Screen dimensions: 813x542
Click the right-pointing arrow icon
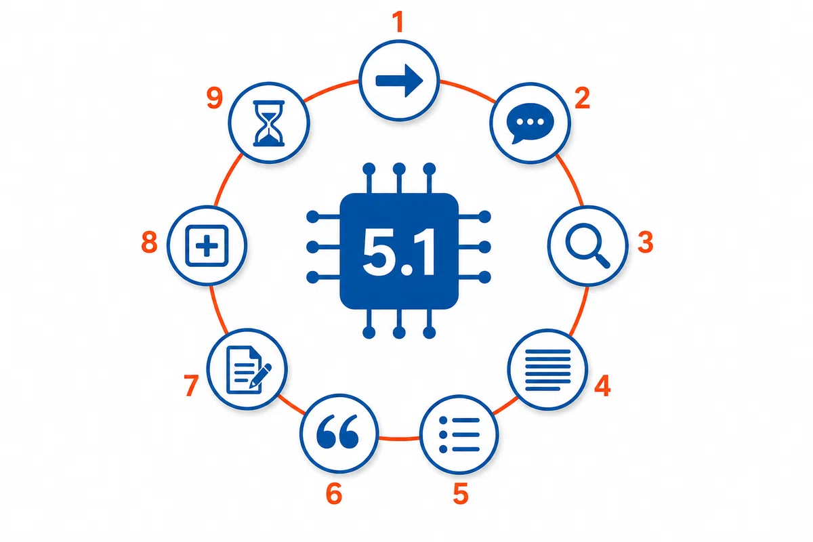pyautogui.click(x=399, y=81)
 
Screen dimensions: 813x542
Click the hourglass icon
pyautogui.click(x=268, y=123)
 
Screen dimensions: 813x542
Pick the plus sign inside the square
pyautogui.click(x=207, y=246)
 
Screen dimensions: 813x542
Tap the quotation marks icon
pyautogui.click(x=337, y=431)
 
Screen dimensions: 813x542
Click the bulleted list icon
pyautogui.click(x=459, y=434)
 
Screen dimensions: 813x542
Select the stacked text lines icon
pyautogui.click(x=547, y=370)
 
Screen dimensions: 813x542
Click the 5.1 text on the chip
pyautogui.click(x=399, y=252)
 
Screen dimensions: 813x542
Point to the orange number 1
pyautogui.click(x=399, y=22)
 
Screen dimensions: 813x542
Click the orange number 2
pyautogui.click(x=582, y=98)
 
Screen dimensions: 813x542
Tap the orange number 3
pyautogui.click(x=645, y=242)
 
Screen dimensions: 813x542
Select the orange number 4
pyautogui.click(x=602, y=385)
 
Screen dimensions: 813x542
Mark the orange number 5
pyautogui.click(x=461, y=493)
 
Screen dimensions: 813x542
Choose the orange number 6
pyautogui.click(x=334, y=493)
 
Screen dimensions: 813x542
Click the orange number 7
pyautogui.click(x=191, y=385)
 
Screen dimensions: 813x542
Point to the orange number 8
pyautogui.click(x=149, y=242)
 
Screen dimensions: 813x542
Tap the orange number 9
pyautogui.click(x=215, y=98)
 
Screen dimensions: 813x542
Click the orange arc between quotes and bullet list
pyautogui.click(x=399, y=438)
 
